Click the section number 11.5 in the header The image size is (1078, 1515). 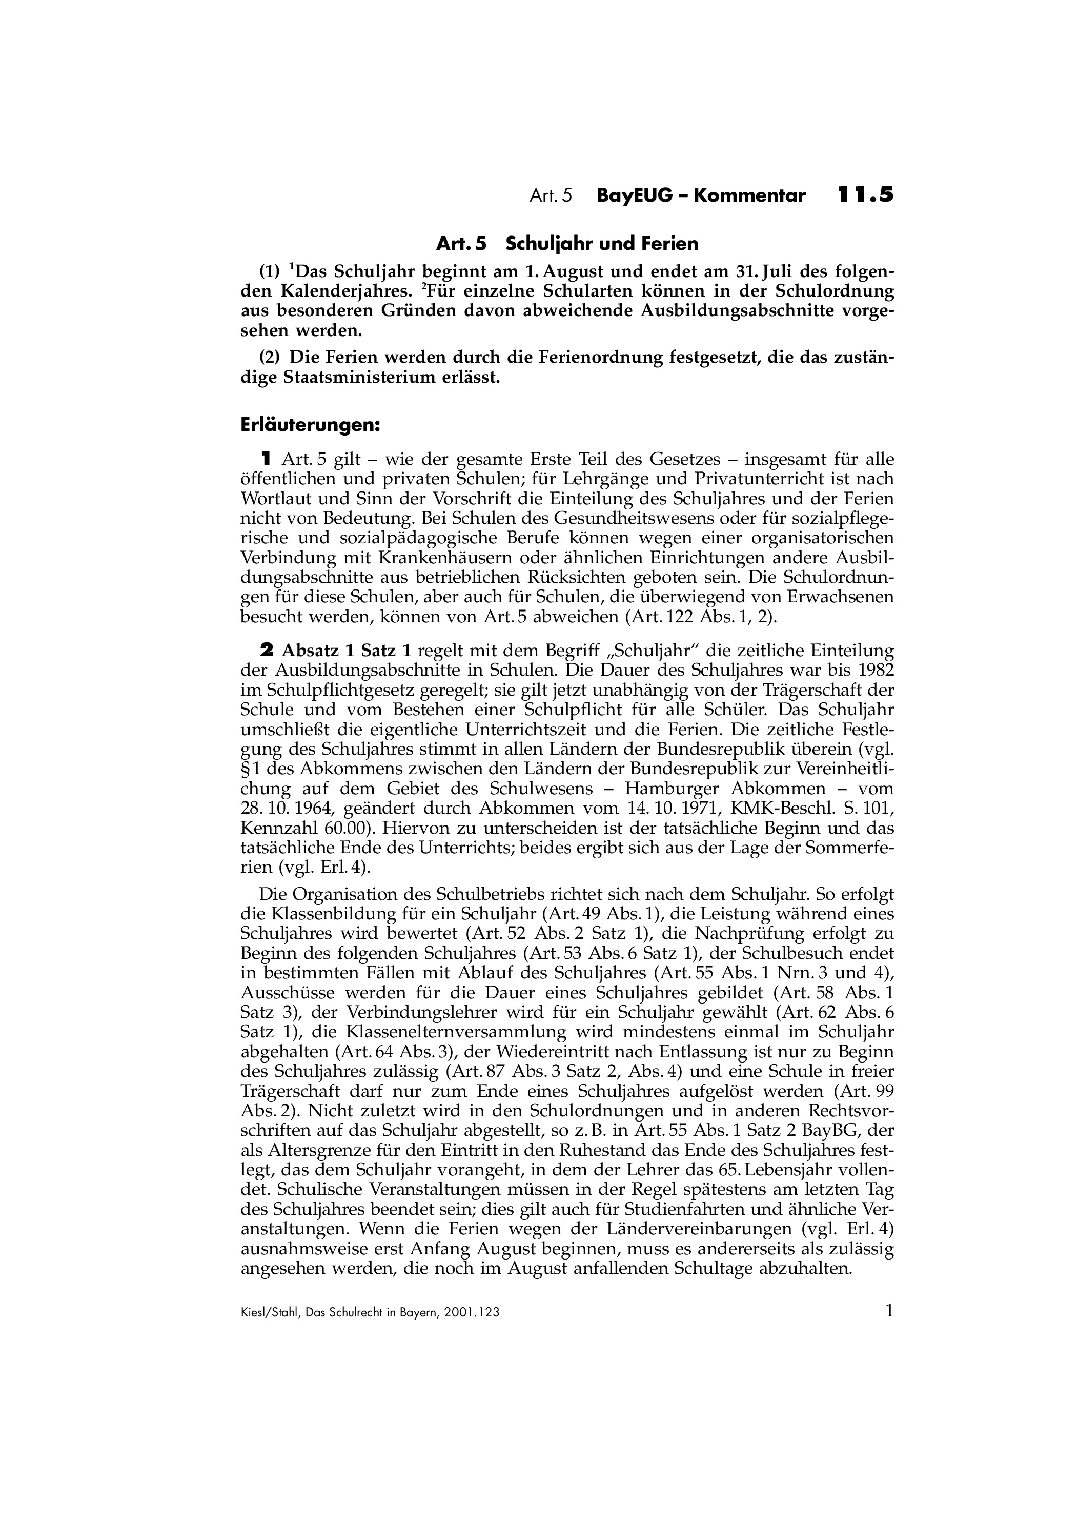click(865, 195)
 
